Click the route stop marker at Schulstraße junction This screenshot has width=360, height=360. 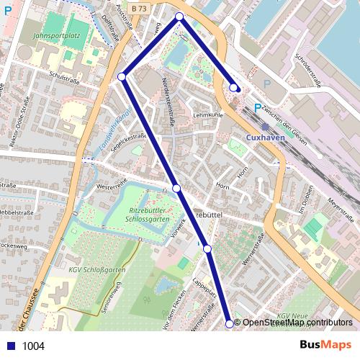click(122, 76)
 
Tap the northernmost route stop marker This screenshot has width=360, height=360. click(179, 16)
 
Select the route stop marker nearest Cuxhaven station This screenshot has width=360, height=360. click(233, 88)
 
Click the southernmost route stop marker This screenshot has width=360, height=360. click(230, 324)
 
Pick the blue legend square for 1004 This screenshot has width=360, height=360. click(9, 346)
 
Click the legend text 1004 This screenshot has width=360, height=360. click(33, 346)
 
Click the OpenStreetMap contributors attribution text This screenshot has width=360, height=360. click(297, 323)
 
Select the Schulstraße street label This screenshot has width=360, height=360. click(63, 73)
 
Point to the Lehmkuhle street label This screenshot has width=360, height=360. click(207, 114)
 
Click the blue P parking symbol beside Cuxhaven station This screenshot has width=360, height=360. click(256, 109)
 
